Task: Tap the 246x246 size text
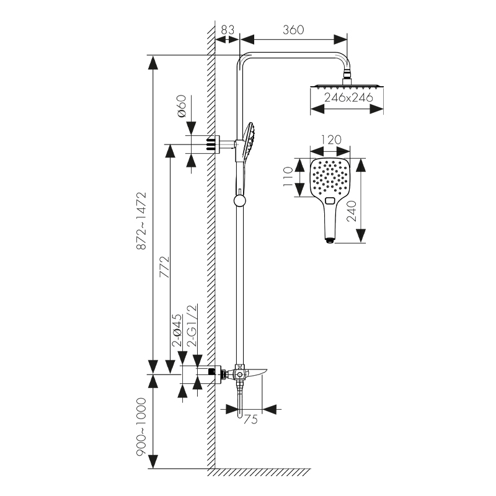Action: (x=347, y=98)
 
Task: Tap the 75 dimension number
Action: (x=250, y=420)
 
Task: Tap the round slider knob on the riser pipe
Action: (x=238, y=200)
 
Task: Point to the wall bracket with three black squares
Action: (x=212, y=144)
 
